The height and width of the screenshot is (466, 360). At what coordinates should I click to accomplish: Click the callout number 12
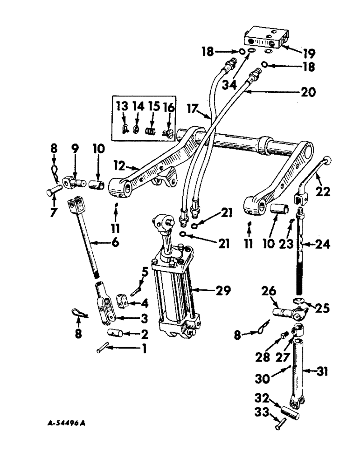pos(120,166)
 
